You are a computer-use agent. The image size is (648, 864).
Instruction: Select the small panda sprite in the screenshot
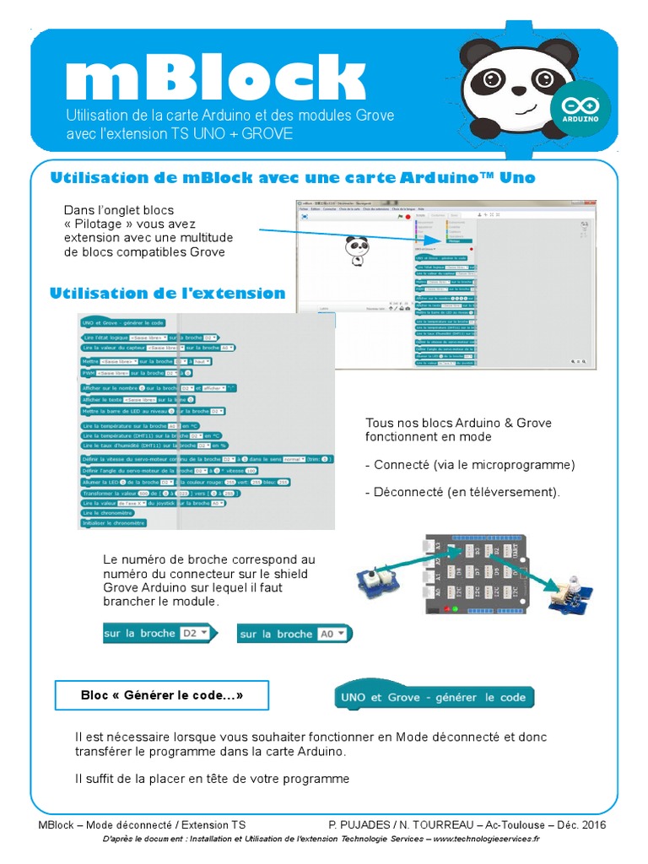click(357, 250)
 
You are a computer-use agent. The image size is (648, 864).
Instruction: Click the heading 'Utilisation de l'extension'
click(168, 294)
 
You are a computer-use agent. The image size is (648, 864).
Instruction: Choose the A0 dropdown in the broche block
click(331, 634)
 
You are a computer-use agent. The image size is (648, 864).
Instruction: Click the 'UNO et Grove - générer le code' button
click(435, 697)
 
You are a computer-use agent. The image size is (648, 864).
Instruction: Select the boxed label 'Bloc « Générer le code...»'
click(162, 696)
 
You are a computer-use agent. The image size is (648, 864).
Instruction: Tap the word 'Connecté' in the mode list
click(402, 465)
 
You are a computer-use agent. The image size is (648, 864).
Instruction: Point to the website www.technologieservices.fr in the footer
click(488, 839)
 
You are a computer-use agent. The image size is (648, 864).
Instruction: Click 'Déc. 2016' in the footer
click(580, 824)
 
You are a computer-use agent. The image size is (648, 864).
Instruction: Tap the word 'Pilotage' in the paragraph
click(105, 224)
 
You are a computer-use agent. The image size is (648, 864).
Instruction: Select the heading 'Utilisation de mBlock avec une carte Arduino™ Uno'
click(293, 178)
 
